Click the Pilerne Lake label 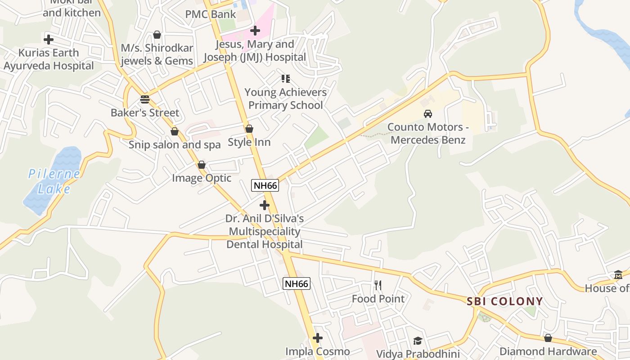(x=54, y=180)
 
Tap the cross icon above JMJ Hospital (x=255, y=31)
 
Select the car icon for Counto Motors (x=428, y=114)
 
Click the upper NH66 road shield (x=265, y=185)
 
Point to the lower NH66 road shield (x=297, y=283)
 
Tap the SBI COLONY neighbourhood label (x=504, y=301)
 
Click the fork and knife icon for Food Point (x=378, y=285)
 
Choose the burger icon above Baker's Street (x=144, y=99)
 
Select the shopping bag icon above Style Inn (x=249, y=129)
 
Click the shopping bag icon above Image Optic (x=202, y=165)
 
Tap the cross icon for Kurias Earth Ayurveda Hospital (x=49, y=39)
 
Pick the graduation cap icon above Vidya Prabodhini (x=418, y=341)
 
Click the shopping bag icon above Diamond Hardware (x=548, y=338)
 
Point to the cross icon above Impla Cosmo (x=318, y=337)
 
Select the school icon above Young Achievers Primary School (x=285, y=79)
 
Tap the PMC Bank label (x=211, y=14)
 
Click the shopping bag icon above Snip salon (x=175, y=131)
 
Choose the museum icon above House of (x=618, y=275)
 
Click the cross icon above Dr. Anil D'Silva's (x=265, y=205)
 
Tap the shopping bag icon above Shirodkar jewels (x=157, y=35)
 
